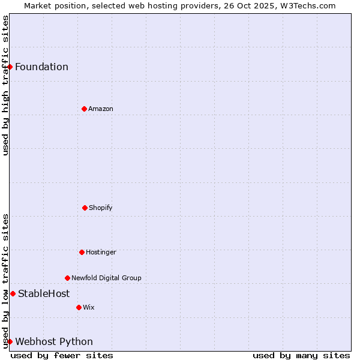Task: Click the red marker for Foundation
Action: click(x=10, y=67)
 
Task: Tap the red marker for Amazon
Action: click(x=84, y=109)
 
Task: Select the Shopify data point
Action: click(x=85, y=208)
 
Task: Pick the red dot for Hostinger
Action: click(x=82, y=252)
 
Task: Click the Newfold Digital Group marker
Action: click(x=67, y=278)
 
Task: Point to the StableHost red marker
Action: click(x=13, y=293)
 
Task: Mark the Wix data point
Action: click(x=79, y=307)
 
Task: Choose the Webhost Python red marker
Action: click(x=10, y=341)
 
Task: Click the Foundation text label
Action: click(x=41, y=67)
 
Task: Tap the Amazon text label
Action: click(x=101, y=109)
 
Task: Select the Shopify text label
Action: click(x=101, y=208)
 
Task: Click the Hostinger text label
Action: click(x=101, y=252)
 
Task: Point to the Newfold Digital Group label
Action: click(x=106, y=278)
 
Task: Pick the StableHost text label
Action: click(x=44, y=293)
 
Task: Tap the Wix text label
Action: click(x=89, y=307)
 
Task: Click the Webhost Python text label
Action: click(x=54, y=341)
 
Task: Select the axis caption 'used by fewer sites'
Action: click(x=62, y=355)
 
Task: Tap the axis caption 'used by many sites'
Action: click(x=301, y=355)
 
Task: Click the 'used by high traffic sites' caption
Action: click(x=5, y=85)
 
